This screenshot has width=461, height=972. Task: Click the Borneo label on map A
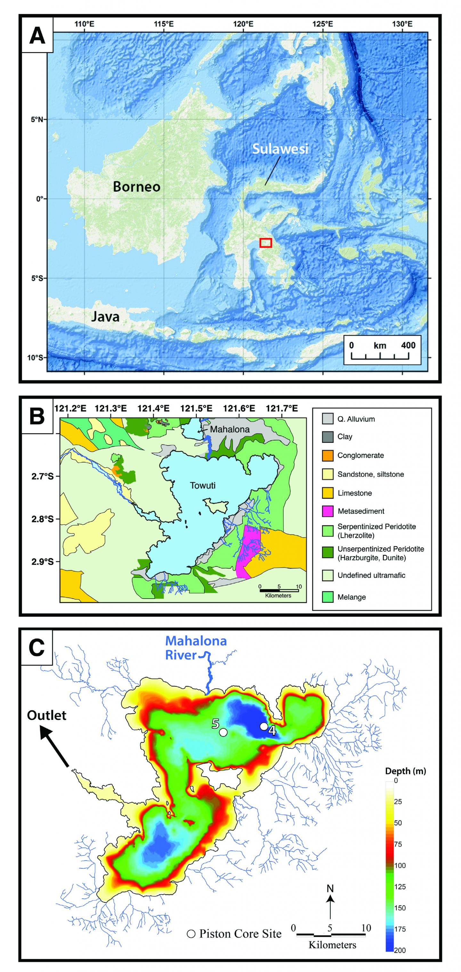click(x=137, y=187)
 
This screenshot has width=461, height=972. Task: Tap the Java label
click(x=105, y=316)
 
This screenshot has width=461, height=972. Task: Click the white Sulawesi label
click(x=280, y=149)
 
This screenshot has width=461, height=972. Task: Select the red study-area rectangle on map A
click(x=266, y=243)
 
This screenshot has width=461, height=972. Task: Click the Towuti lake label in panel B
click(x=203, y=486)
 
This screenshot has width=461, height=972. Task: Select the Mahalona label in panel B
click(x=230, y=429)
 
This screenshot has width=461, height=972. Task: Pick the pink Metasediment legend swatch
click(x=328, y=511)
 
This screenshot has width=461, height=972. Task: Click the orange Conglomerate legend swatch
click(x=328, y=455)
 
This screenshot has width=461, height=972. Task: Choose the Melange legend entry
click(x=352, y=597)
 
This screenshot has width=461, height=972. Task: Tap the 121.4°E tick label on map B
click(x=153, y=408)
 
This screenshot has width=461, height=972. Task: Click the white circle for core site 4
click(x=264, y=726)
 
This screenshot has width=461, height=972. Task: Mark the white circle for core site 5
click(x=223, y=732)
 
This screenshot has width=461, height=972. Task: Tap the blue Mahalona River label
click(x=196, y=648)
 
